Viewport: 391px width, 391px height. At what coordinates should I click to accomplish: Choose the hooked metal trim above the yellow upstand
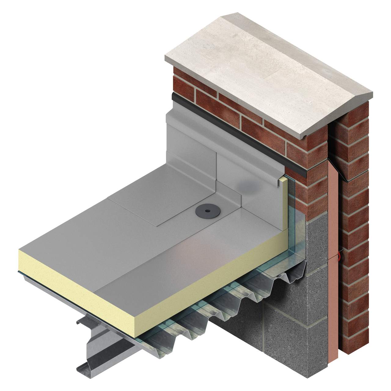point(280,182)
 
